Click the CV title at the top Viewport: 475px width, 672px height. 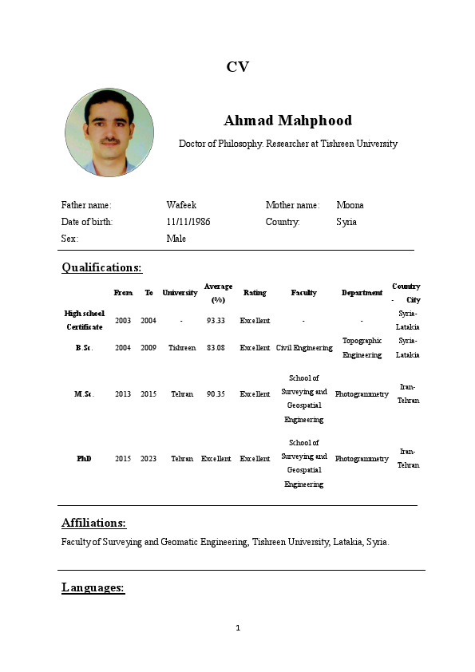(237, 67)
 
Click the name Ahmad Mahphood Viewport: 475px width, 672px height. (287, 121)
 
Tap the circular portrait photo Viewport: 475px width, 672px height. (109, 132)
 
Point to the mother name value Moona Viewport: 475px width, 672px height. (350, 205)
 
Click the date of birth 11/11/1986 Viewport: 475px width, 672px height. (188, 222)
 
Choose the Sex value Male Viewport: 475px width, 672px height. (176, 239)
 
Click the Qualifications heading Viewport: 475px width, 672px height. (101, 267)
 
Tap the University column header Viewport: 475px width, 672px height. (180, 293)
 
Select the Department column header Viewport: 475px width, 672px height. (362, 293)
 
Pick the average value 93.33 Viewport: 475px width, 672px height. (216, 320)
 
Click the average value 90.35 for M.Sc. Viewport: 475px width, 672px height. (216, 394)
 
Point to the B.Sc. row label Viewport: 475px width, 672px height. (84, 348)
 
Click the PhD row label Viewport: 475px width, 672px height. (84, 459)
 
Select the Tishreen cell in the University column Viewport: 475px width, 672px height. (182, 348)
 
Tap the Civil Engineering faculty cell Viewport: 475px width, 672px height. (304, 348)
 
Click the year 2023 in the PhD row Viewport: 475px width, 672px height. (148, 459)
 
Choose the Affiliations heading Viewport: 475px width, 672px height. (93, 523)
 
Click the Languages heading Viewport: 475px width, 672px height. (93, 588)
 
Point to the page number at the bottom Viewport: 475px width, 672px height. (238, 628)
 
